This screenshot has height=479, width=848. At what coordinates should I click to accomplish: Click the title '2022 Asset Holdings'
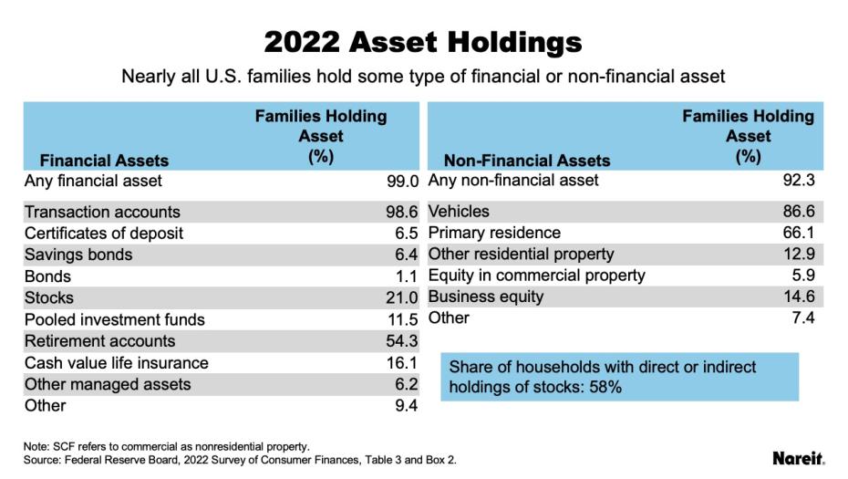coord(423,42)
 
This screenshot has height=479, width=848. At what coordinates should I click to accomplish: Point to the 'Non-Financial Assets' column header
coord(526,161)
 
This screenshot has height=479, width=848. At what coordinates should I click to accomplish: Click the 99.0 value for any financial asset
coord(402,181)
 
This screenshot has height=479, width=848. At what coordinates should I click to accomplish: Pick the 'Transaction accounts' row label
coord(102,212)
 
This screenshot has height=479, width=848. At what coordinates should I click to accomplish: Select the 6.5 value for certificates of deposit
coord(407,234)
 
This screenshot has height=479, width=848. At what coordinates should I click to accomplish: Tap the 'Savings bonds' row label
coord(78,255)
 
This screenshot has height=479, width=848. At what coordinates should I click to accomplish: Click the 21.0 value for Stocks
coord(402,297)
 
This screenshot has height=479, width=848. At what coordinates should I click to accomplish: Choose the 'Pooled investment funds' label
coord(115,319)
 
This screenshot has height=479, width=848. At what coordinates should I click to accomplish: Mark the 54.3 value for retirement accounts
coord(402,341)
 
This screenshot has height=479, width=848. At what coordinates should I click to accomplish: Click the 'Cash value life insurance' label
coord(117,363)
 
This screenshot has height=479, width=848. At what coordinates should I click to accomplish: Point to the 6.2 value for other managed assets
coord(407,384)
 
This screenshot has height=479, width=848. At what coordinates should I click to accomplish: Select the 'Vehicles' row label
coord(459,212)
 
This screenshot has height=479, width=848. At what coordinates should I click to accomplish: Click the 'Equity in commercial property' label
coord(536,276)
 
